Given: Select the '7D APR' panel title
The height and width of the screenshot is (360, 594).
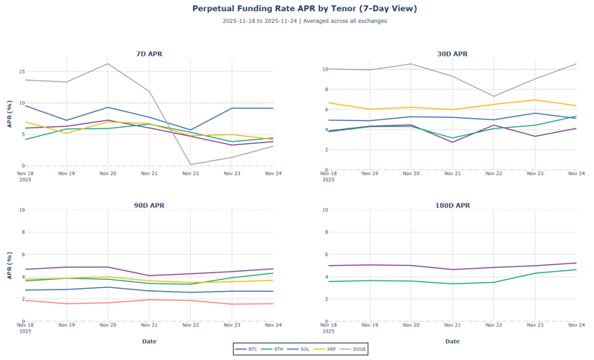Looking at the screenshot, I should tap(149, 54).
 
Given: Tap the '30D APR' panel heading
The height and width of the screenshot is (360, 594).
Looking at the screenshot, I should tap(452, 54).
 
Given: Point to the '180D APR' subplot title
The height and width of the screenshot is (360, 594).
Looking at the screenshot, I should tap(452, 206).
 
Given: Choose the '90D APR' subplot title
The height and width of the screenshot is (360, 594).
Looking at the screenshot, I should tap(149, 206).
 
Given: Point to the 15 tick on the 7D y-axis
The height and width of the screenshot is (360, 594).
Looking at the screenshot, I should tap(22, 71).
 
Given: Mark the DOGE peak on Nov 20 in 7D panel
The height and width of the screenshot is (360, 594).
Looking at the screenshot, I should tap(108, 64).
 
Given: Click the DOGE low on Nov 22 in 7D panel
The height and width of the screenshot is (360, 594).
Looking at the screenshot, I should tap(191, 164).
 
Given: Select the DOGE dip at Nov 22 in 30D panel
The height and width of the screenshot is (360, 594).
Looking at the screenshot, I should tap(494, 96).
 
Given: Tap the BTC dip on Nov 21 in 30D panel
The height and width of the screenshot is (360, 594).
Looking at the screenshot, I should tap(452, 142).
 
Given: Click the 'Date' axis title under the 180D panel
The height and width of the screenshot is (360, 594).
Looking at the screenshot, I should tap(452, 341).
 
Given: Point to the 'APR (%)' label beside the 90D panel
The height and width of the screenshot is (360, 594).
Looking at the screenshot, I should tap(10, 265).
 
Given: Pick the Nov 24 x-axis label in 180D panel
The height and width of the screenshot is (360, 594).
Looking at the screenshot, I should tap(576, 325).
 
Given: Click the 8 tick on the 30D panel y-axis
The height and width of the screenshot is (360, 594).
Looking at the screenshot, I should tap(324, 89).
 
